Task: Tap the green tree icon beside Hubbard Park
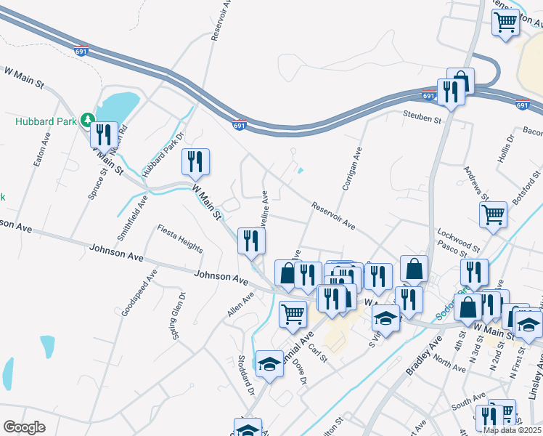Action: (87, 119)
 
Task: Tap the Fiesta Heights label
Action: (180, 238)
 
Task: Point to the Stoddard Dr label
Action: (247, 371)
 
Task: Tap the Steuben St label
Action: (422, 117)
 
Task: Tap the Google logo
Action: (25, 427)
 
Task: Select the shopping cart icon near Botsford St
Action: (494, 214)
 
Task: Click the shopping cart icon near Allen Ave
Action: (293, 313)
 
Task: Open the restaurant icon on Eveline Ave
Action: (251, 241)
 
